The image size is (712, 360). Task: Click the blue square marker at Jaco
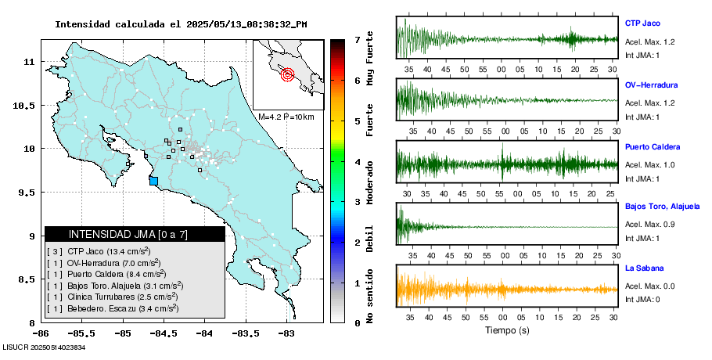pyautogui.click(x=153, y=181)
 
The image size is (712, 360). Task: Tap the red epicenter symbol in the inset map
pyautogui.click(x=287, y=75)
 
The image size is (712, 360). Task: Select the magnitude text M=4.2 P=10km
pyautogui.click(x=286, y=117)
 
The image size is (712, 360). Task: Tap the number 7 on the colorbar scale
pyautogui.click(x=356, y=39)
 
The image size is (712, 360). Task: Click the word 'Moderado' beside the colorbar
pyautogui.click(x=369, y=180)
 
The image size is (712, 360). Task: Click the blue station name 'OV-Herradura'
pyautogui.click(x=651, y=85)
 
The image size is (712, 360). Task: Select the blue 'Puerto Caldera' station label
pyautogui.click(x=653, y=146)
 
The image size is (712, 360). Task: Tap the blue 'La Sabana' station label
pyautogui.click(x=643, y=268)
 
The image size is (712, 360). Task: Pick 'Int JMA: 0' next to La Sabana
pyautogui.click(x=642, y=299)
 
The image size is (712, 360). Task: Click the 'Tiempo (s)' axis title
pyautogui.click(x=507, y=331)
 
